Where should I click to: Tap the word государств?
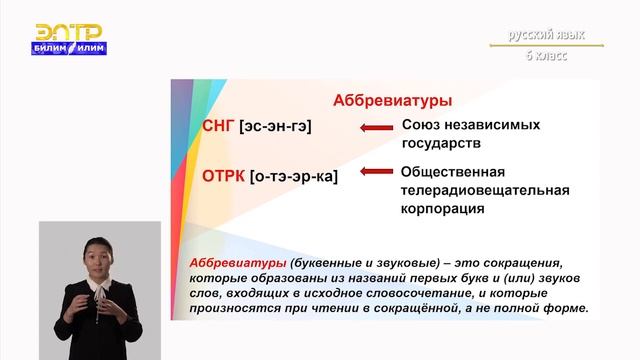[440, 144]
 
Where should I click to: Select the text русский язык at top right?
[545, 35]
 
